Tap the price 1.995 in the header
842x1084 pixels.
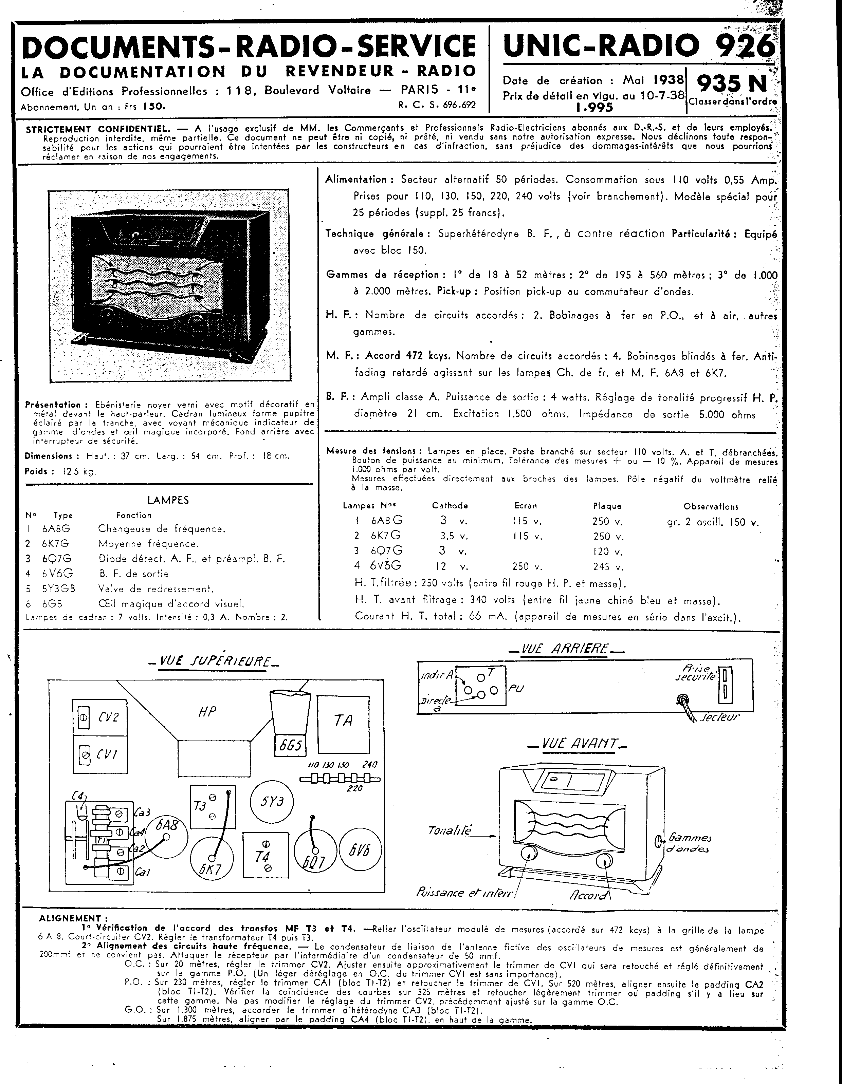pos(594,108)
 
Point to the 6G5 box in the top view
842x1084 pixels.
pos(290,745)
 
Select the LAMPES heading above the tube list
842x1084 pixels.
pos(168,500)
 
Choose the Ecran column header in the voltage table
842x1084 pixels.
pos(525,506)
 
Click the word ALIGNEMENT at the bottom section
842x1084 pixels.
pos(70,918)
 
